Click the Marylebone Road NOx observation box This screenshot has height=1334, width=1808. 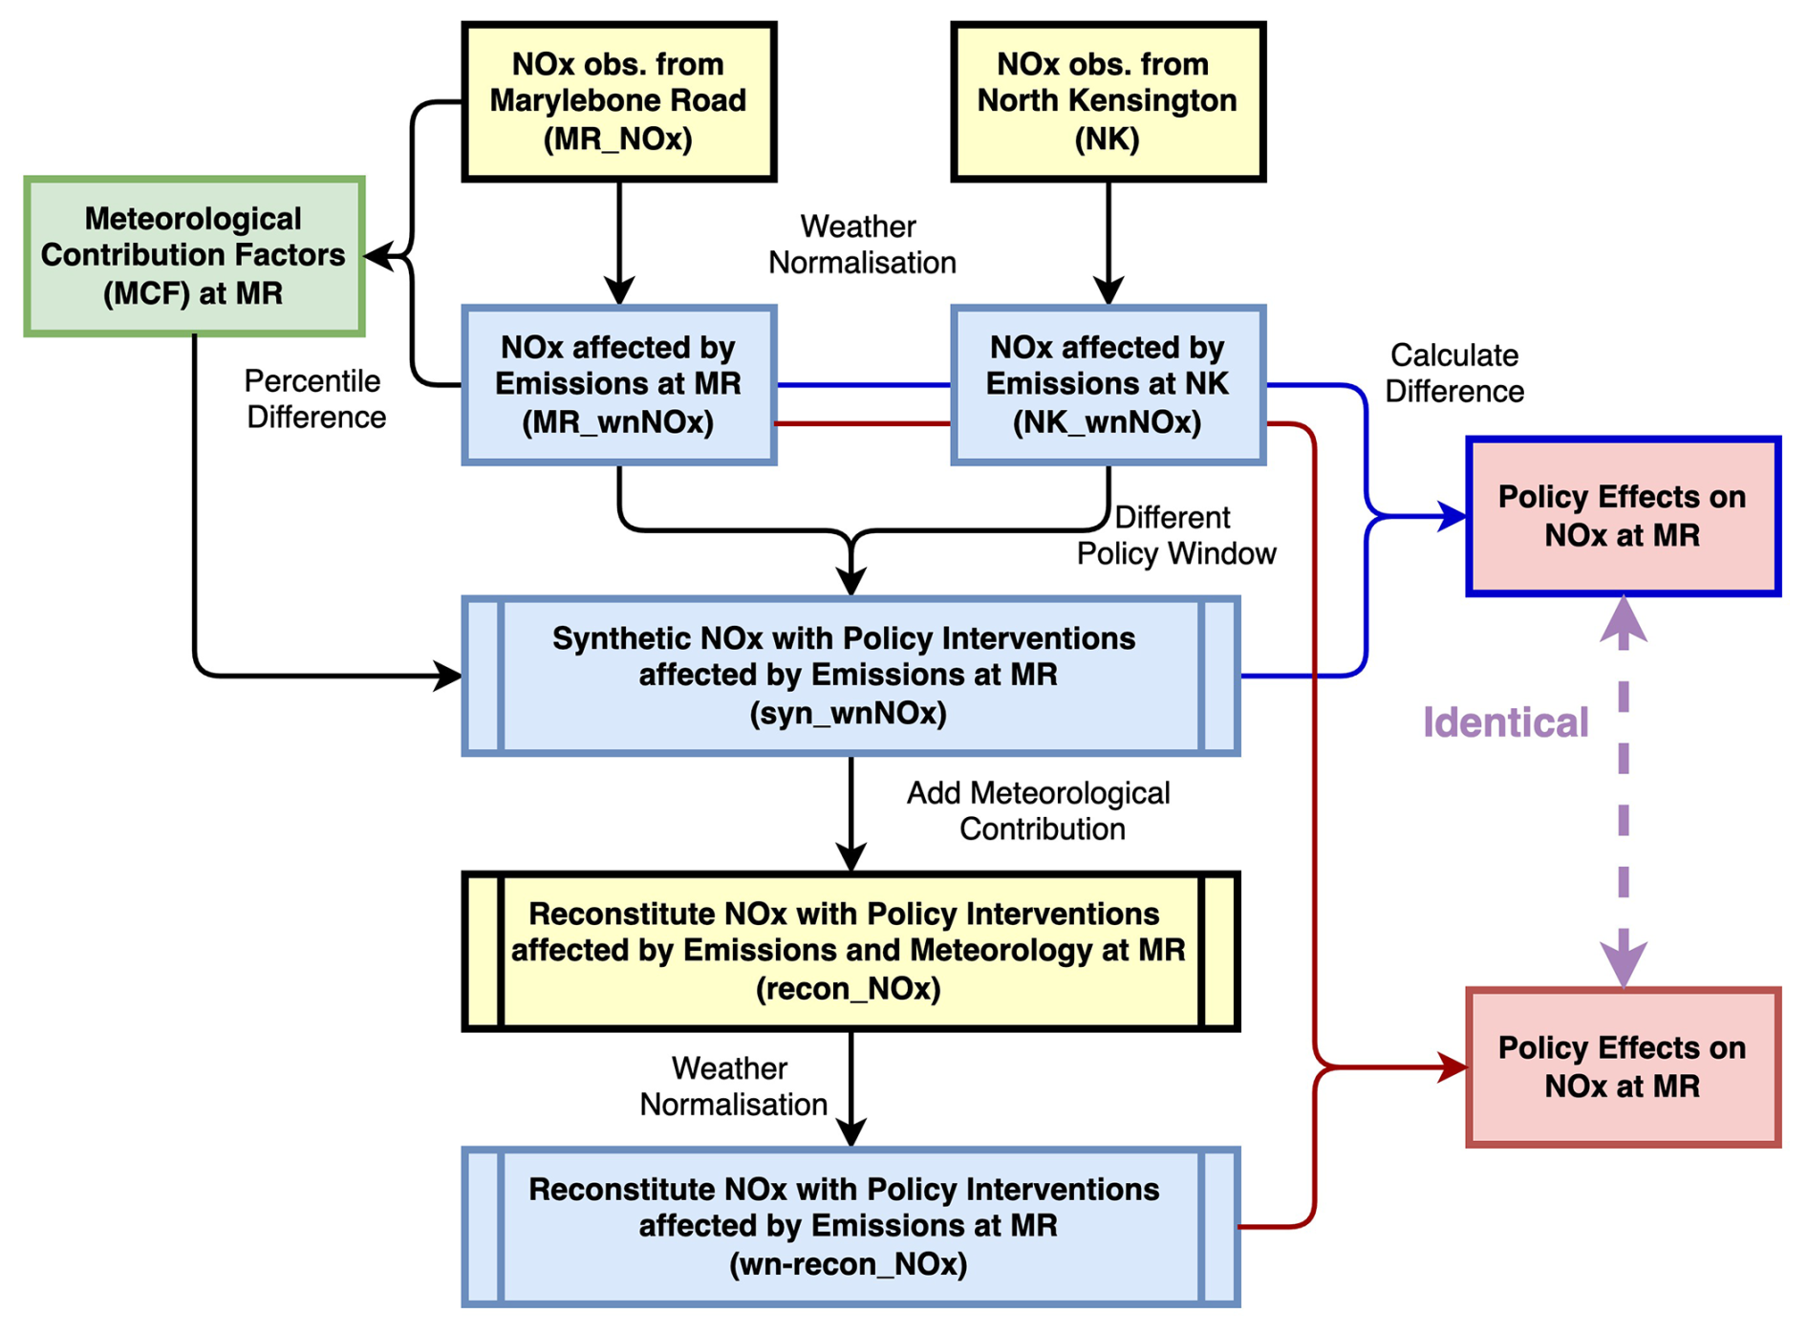coord(618,101)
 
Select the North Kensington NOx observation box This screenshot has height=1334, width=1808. coord(1108,101)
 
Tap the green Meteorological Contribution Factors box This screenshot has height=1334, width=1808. coord(194,256)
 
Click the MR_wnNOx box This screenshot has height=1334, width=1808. coord(618,384)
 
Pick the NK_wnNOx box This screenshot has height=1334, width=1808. coord(1108,384)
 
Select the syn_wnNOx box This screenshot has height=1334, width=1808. coord(850,676)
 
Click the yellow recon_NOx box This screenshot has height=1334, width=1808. coord(850,951)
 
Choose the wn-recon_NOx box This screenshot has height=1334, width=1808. coord(850,1226)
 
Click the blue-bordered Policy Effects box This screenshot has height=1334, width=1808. coord(1623,516)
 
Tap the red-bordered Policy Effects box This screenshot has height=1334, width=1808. coord(1623,1066)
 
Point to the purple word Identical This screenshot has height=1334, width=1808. coord(1505,722)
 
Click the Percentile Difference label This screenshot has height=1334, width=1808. coord(315,399)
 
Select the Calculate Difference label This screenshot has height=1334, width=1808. coord(1454,374)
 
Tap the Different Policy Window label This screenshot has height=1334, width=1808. coord(1176,535)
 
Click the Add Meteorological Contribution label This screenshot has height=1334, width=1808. coord(1040,810)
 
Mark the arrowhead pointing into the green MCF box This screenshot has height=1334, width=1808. coord(379,256)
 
